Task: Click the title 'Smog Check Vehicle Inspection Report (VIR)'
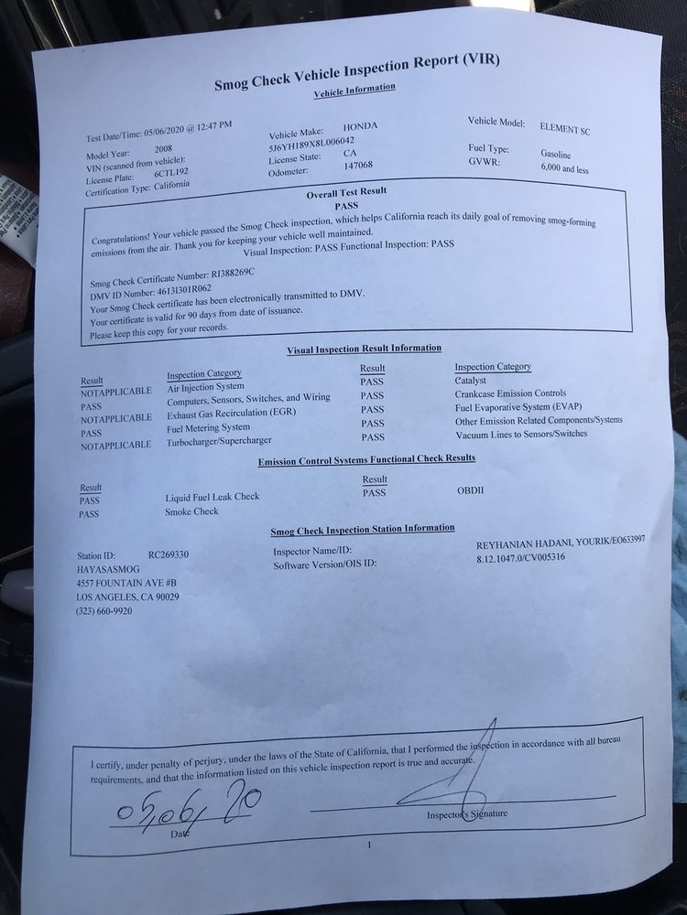coord(357,74)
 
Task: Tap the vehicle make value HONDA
coord(360,126)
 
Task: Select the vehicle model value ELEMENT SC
coord(565,130)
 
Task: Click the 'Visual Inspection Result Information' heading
coord(364,349)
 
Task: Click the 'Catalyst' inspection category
coord(470,380)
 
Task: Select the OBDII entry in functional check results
coord(470,490)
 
